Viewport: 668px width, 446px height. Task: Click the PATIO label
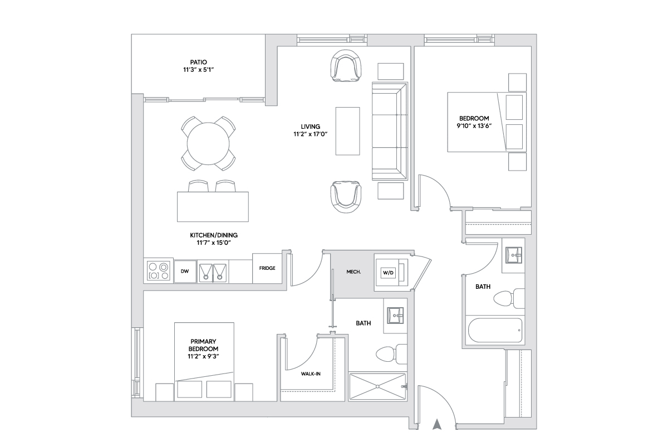tap(198, 62)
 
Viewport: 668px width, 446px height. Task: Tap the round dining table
tap(208, 143)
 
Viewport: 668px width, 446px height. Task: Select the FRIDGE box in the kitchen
tap(267, 268)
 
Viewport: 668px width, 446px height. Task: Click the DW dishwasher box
tap(185, 272)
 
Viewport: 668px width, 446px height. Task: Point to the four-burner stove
tap(158, 272)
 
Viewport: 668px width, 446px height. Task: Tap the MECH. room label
tap(353, 272)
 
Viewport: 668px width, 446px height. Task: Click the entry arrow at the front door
tap(438, 425)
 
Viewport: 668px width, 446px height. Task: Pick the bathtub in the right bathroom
tap(495, 331)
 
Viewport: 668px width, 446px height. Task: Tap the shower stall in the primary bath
tap(377, 386)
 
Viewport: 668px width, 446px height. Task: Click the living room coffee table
tap(347, 130)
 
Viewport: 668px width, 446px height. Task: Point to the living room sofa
tap(390, 131)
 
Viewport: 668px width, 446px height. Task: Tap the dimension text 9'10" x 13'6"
tap(474, 127)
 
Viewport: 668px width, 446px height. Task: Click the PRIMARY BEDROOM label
tap(203, 345)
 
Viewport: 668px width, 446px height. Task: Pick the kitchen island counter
tap(213, 206)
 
